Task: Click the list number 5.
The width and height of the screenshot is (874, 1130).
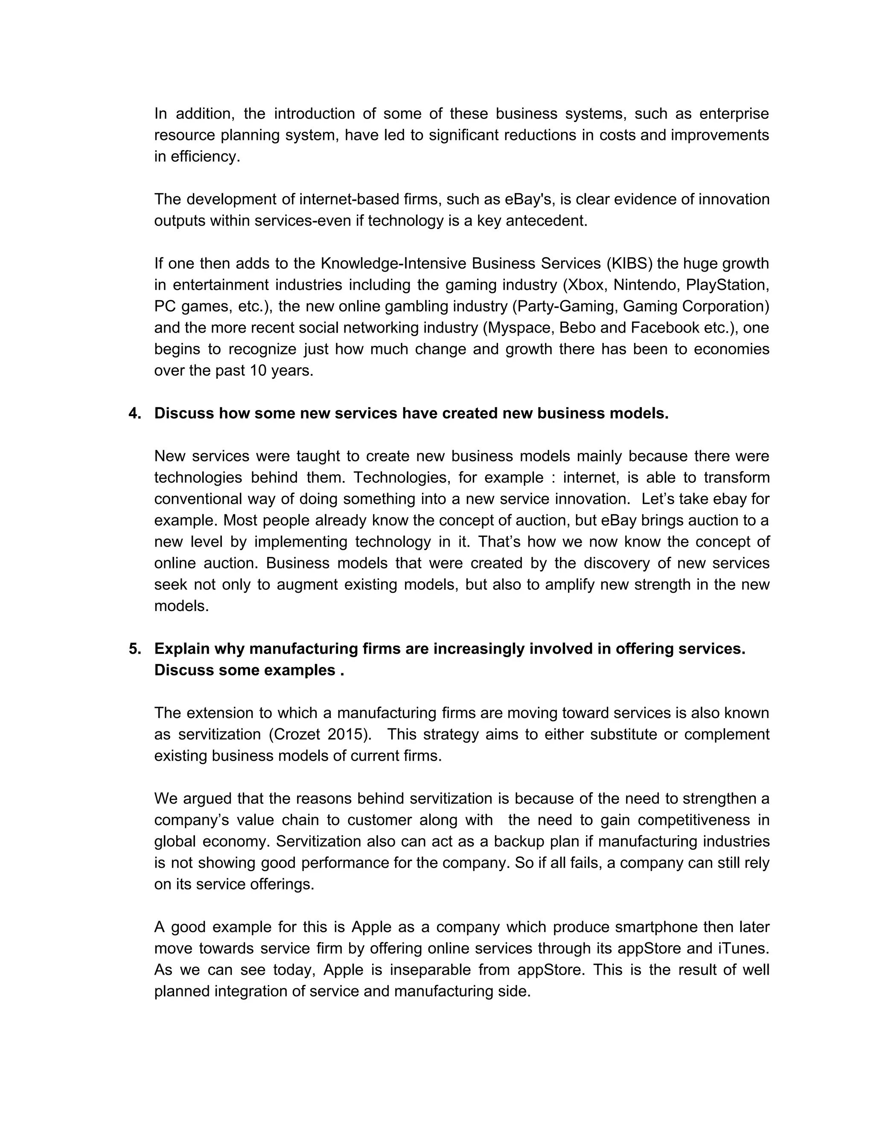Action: coord(134,649)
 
